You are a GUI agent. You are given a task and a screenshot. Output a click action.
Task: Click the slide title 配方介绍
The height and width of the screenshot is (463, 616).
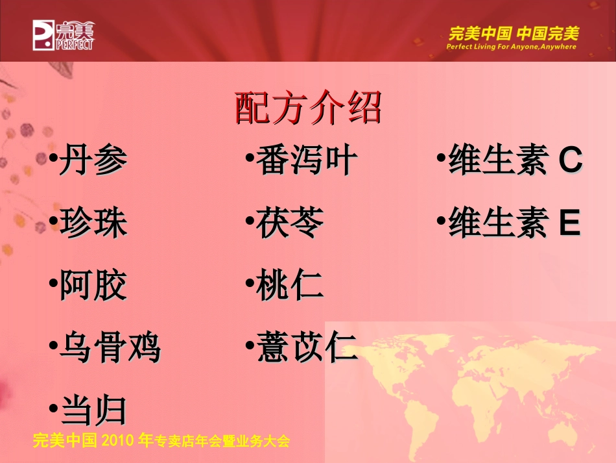(x=307, y=108)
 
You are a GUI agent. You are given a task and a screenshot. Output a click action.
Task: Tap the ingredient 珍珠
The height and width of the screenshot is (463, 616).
(x=93, y=223)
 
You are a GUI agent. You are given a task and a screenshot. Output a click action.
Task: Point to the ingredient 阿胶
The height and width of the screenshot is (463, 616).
(x=93, y=285)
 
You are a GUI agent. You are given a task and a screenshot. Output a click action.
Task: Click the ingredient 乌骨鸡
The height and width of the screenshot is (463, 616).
(x=109, y=348)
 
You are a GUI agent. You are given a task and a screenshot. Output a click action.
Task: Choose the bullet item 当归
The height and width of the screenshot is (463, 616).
(x=93, y=410)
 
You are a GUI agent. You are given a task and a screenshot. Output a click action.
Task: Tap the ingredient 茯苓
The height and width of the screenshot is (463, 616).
(x=290, y=223)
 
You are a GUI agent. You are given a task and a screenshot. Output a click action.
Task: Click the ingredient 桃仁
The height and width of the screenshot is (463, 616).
(x=290, y=285)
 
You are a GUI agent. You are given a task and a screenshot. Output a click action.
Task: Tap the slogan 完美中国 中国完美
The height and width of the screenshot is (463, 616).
(x=514, y=32)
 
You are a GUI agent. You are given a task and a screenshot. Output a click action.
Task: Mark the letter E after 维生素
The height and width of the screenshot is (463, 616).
(x=569, y=223)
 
